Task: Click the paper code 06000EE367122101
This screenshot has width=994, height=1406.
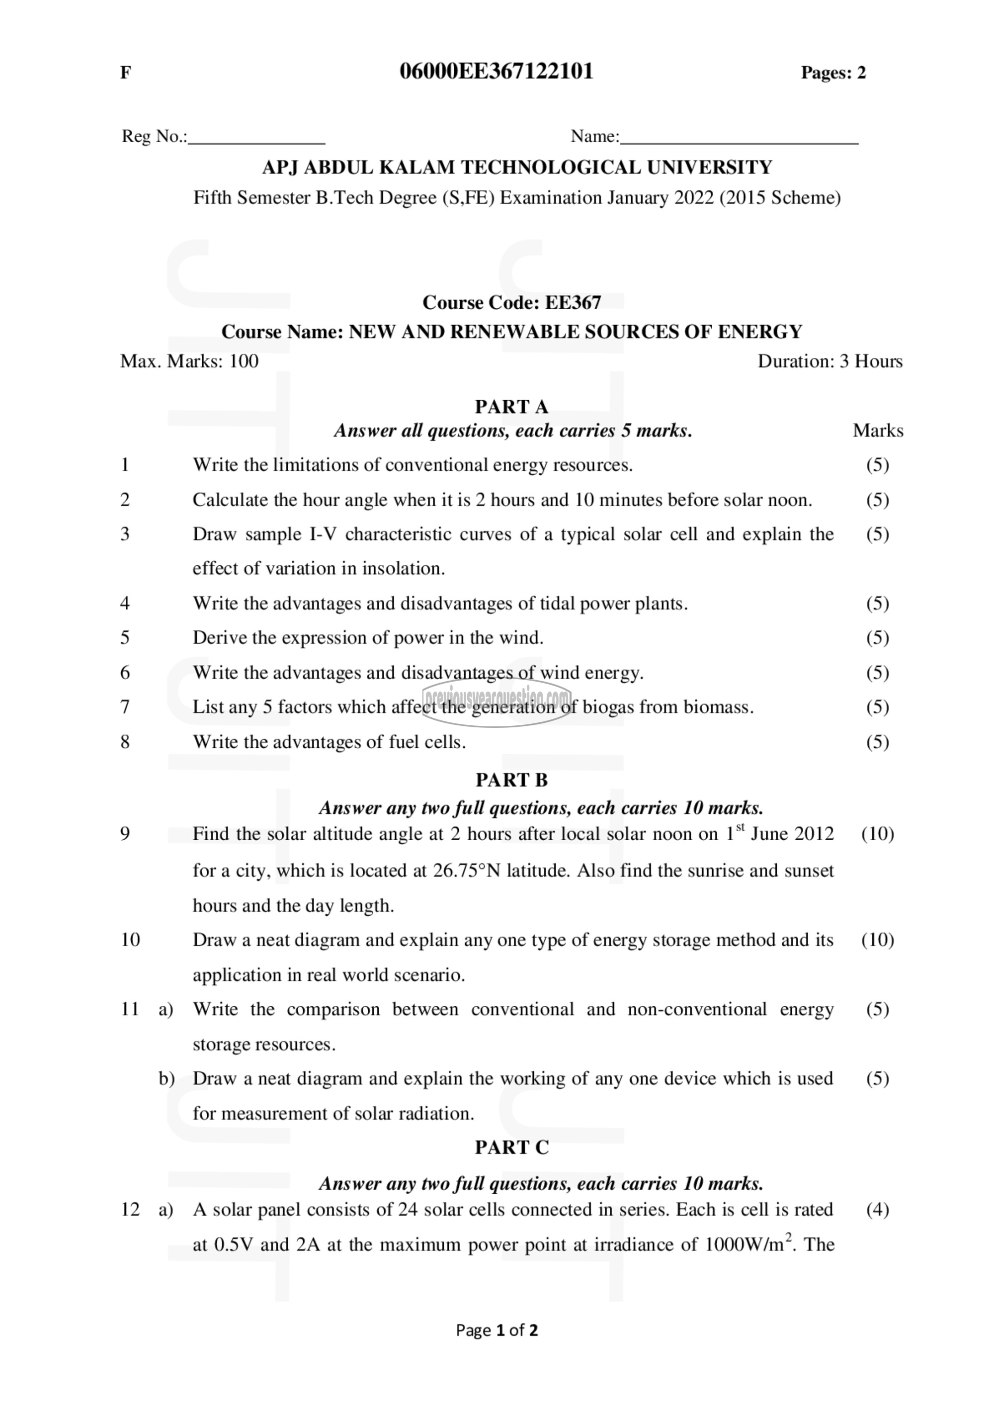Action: click(x=497, y=72)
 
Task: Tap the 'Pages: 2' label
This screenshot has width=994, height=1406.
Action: click(x=833, y=73)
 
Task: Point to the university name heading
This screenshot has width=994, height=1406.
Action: click(x=517, y=167)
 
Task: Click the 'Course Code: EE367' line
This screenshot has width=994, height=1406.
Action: click(x=512, y=302)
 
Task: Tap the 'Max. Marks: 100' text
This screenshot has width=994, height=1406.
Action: click(x=189, y=361)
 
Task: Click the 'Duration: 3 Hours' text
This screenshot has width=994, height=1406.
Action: click(x=829, y=361)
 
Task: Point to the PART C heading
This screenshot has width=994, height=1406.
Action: click(x=512, y=1147)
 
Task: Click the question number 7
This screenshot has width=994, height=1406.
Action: click(x=125, y=707)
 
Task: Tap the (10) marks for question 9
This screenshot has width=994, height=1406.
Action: click(x=877, y=834)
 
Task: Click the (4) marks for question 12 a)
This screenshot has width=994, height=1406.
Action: click(x=877, y=1210)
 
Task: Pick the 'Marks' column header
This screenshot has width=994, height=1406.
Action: click(x=878, y=431)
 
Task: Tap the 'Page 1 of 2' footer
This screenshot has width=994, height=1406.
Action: click(x=497, y=1330)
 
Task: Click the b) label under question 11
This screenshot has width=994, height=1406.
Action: click(x=166, y=1078)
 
